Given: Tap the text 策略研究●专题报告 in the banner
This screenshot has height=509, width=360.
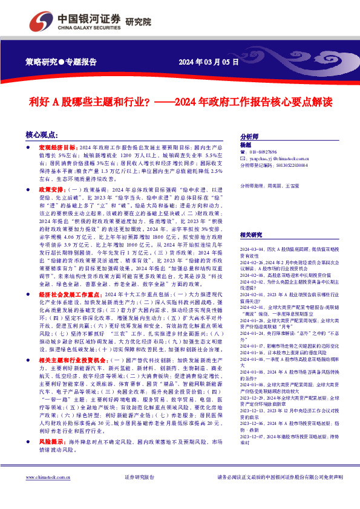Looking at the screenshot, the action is [x=62, y=61].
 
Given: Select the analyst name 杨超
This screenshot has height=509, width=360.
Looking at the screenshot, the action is [x=245, y=146].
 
